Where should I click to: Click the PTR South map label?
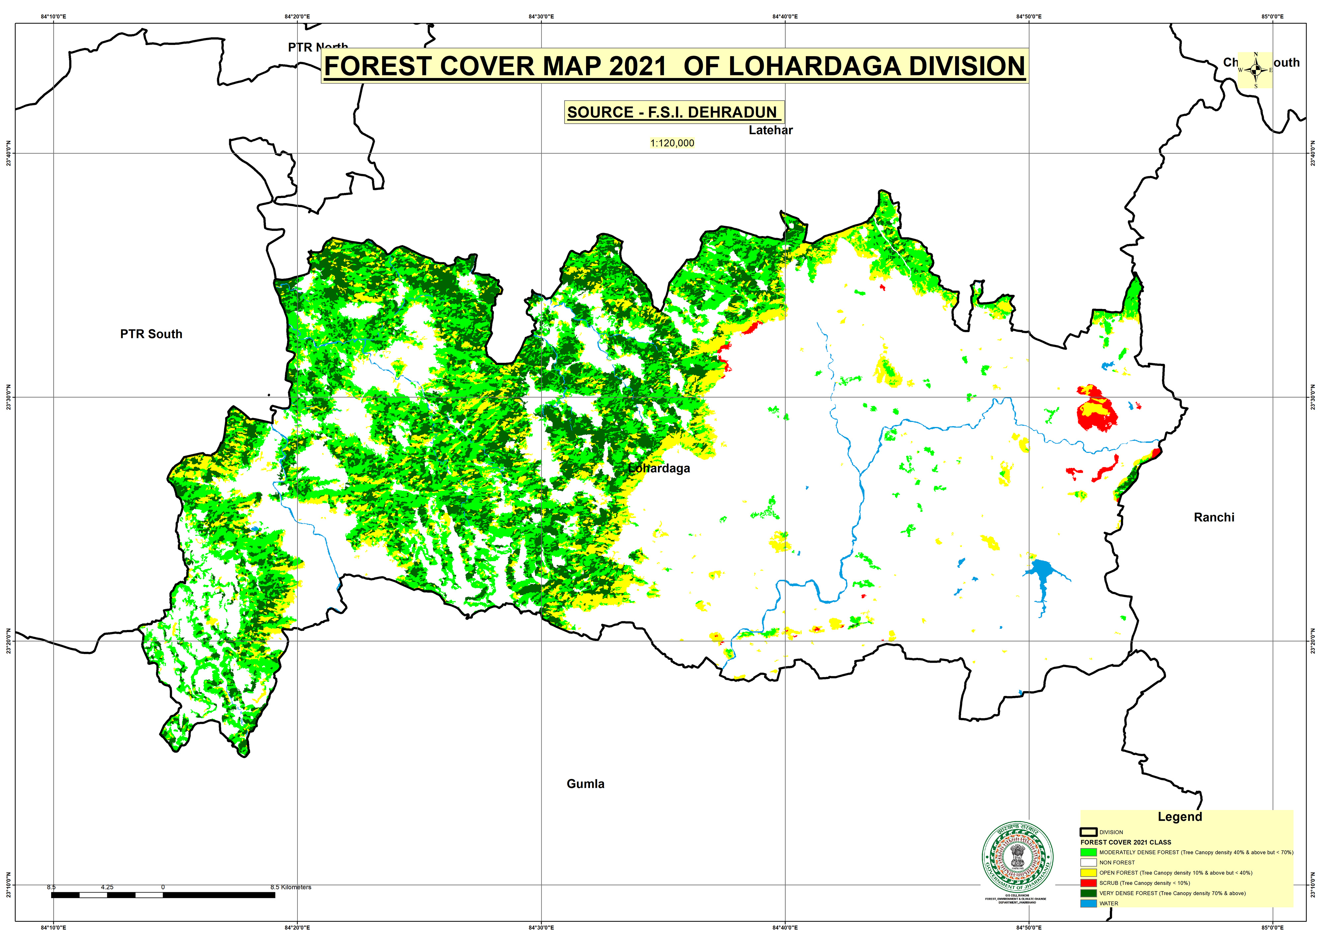pyautogui.click(x=151, y=334)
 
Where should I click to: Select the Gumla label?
pyautogui.click(x=585, y=784)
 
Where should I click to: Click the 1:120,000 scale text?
pyautogui.click(x=672, y=143)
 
